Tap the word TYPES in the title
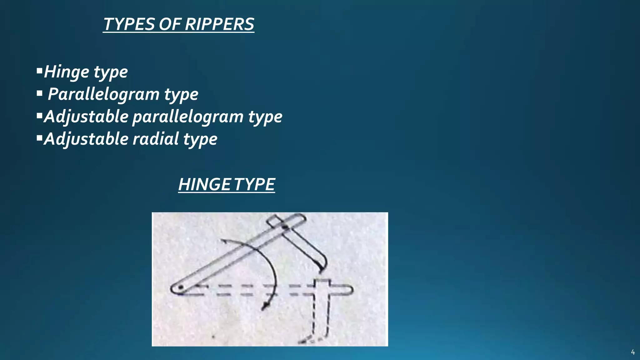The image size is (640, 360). tap(129, 24)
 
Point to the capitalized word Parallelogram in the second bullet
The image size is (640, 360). tap(103, 94)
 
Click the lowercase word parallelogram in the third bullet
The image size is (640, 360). tap(188, 117)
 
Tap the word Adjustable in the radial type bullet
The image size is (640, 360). tap(86, 139)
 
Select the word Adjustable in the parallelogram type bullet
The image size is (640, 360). tap(86, 117)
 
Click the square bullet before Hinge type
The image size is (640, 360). tap(39, 70)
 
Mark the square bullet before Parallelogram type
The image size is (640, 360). tap(39, 93)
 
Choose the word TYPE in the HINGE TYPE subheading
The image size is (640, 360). tap(254, 184)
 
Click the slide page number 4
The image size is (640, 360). tap(633, 352)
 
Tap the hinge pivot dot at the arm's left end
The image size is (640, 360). tap(180, 287)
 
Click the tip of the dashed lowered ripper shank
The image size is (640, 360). tap(301, 342)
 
